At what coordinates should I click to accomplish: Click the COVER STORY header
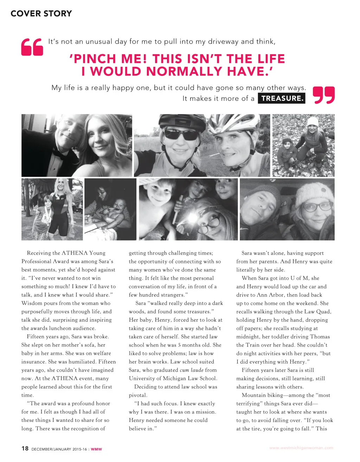pos(41,14)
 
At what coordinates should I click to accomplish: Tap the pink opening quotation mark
pos(32,47)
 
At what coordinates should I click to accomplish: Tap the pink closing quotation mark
pos(323,95)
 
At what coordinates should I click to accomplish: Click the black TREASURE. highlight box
pos(282,98)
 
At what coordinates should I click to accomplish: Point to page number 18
pos(25,448)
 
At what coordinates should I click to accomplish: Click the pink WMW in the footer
pos(96,449)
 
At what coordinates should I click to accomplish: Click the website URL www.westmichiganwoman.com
pos(301,448)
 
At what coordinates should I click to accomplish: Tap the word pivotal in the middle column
pos(138,395)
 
